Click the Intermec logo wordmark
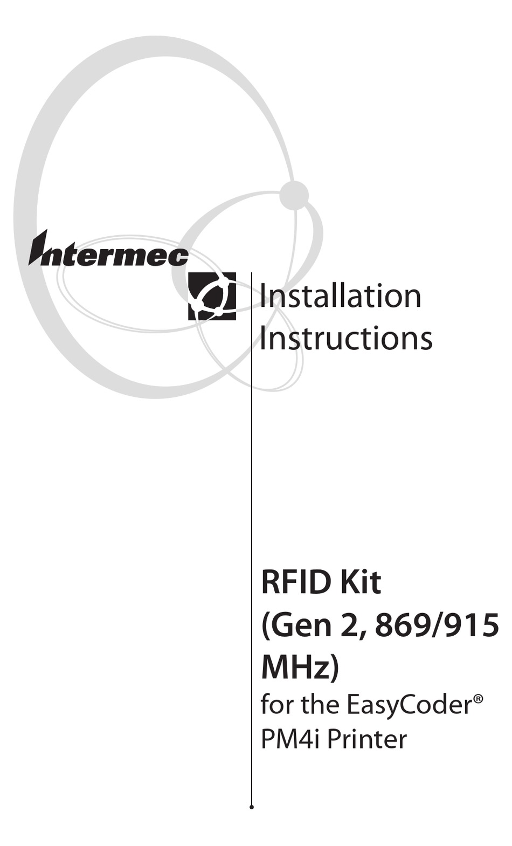click(108, 251)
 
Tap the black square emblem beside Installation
click(212, 296)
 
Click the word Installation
click(340, 296)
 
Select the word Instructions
click(345, 338)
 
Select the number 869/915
click(436, 625)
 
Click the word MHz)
click(300, 668)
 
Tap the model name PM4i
click(289, 739)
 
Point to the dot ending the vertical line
click(252, 807)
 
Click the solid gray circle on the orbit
click(294, 195)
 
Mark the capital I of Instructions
click(263, 338)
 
